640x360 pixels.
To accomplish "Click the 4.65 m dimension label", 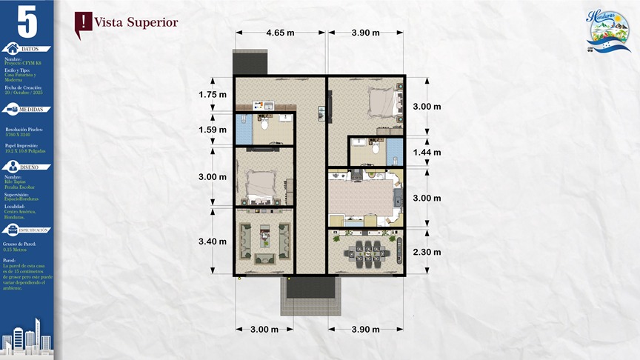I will pos(280,33).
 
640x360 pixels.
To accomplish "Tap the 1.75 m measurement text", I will pos(213,94).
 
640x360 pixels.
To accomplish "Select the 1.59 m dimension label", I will pos(213,130).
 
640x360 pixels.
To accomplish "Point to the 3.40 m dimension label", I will pos(213,241).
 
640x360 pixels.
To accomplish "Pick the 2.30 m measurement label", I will pos(427,252).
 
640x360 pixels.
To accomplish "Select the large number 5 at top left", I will pos(27,21).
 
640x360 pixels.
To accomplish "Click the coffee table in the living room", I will pos(264,238).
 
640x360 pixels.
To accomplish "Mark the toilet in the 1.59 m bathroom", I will pos(265,125).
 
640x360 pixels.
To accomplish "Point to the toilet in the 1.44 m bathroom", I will pos(375,148).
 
